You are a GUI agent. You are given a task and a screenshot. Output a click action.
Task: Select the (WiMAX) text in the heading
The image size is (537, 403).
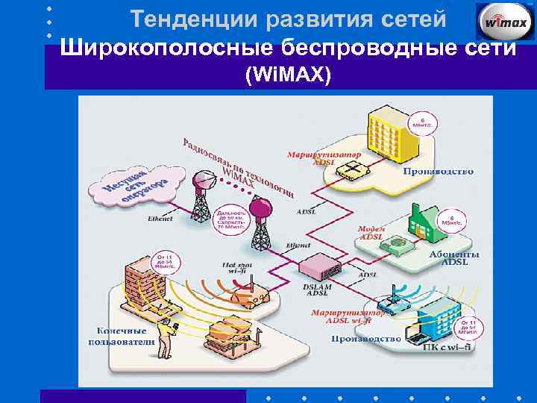coord(287,75)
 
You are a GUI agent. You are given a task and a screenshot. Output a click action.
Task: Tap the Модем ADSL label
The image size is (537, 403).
coord(371,233)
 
